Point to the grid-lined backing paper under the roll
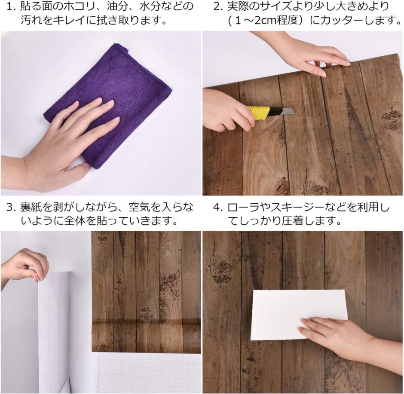[x=146, y=372]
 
